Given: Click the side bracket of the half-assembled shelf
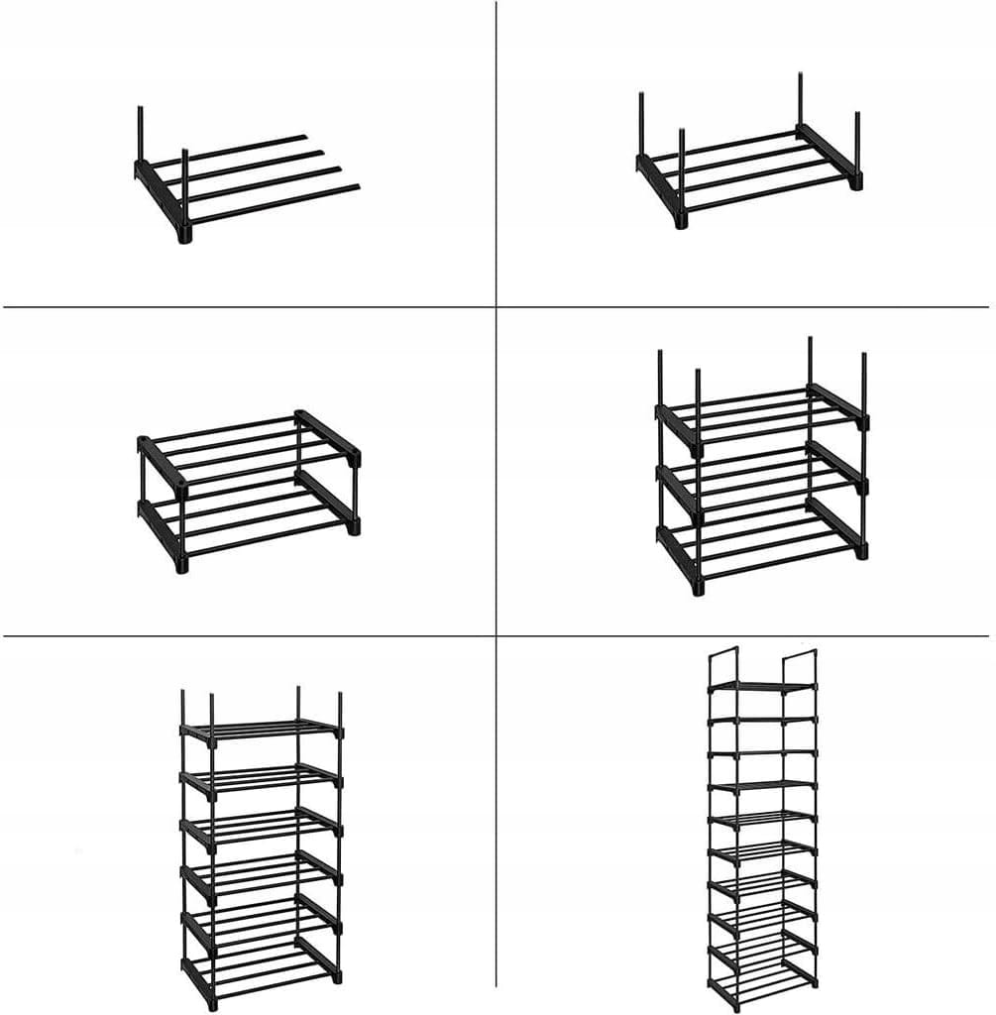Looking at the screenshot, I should click(159, 188).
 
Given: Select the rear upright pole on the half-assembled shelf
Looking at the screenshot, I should click(141, 134).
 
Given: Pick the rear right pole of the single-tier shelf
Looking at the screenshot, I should click(800, 99).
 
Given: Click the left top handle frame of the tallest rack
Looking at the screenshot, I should click(724, 659).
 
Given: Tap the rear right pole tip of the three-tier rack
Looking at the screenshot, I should click(810, 342).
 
